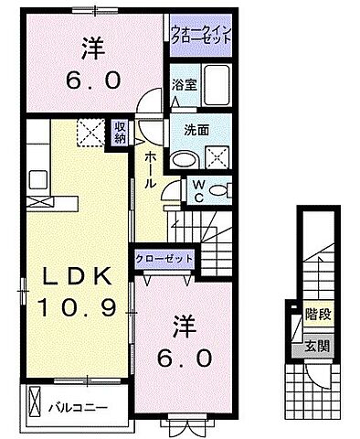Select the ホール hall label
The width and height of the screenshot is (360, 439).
pyautogui.click(x=150, y=169)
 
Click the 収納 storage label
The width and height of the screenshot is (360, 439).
pyautogui.click(x=121, y=134)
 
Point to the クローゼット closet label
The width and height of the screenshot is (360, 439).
pyautogui.click(x=164, y=258)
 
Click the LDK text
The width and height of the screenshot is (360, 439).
pyautogui.click(x=76, y=278)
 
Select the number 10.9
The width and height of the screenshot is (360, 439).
pyautogui.click(x=77, y=309)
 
